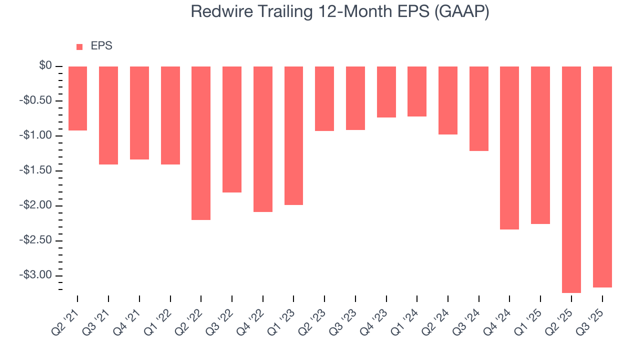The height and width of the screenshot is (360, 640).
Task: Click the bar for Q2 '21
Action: tap(77, 98)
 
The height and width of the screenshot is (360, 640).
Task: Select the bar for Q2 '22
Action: tap(201, 143)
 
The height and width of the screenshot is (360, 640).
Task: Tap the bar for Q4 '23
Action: tap(386, 92)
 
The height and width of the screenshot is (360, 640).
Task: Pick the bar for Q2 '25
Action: tap(571, 179)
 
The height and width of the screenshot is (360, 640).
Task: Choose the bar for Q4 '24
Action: tap(509, 148)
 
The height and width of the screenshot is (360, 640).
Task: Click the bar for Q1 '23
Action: tap(293, 135)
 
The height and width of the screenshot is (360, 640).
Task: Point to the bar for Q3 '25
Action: tap(602, 177)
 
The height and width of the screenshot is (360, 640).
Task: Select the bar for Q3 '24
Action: tap(479, 108)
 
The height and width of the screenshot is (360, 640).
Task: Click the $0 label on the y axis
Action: tap(46, 66)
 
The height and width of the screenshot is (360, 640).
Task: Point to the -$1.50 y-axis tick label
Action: tap(38, 171)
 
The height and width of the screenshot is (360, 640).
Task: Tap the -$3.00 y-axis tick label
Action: tap(38, 275)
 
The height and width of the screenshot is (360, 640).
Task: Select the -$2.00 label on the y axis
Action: tap(38, 205)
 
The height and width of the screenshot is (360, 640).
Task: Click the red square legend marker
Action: tap(79, 47)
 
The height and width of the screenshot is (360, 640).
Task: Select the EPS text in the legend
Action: tap(101, 46)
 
